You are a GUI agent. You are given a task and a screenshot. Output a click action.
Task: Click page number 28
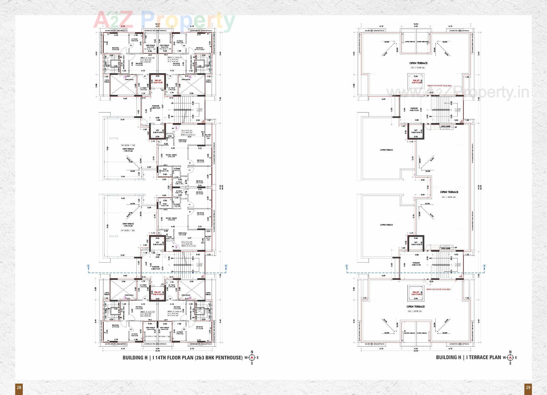tap(19, 387)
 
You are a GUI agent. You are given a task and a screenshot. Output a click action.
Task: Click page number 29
tap(528, 387)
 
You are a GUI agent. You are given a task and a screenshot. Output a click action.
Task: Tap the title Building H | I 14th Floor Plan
tap(182, 357)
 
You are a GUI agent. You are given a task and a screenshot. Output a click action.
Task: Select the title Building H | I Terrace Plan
tap(468, 357)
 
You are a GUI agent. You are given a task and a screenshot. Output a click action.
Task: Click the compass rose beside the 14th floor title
tap(252, 358)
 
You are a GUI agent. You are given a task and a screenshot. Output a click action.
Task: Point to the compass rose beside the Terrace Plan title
tap(510, 357)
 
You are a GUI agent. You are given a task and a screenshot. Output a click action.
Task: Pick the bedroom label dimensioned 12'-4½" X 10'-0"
tap(199, 48)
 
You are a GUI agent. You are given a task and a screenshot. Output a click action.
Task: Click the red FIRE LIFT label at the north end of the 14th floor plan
tap(158, 81)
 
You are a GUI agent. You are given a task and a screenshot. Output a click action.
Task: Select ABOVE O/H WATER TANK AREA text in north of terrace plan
tap(439, 85)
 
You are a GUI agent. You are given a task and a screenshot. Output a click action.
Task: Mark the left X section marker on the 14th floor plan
tap(88, 266)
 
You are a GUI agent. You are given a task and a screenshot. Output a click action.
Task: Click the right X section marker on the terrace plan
tap(484, 266)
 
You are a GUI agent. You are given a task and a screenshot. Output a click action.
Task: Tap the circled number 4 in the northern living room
tap(190, 77)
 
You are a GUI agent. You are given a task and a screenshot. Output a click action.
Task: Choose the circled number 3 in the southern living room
tap(125, 298)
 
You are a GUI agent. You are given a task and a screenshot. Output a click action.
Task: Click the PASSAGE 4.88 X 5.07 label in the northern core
tap(156, 107)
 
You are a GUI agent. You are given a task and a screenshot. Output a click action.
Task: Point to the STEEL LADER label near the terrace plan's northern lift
tap(445, 126)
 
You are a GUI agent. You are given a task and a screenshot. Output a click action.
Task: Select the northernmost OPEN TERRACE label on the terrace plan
tap(418, 63)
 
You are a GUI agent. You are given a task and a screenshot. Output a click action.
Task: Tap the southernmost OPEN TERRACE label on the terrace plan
tap(415, 306)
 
